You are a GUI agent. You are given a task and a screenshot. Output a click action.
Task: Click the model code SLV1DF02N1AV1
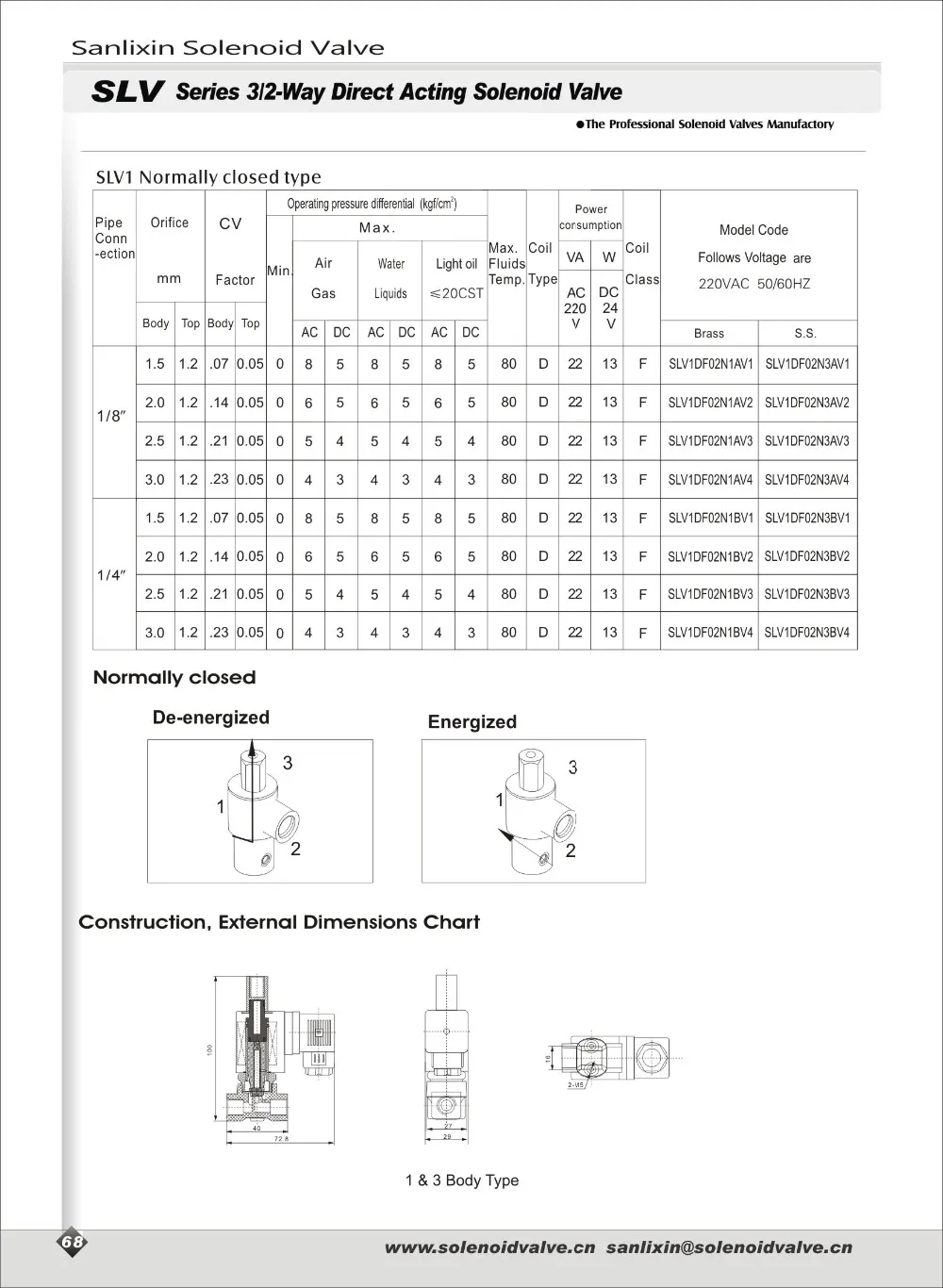[x=710, y=364]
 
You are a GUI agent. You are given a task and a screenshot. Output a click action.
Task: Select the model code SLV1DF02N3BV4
[x=806, y=633]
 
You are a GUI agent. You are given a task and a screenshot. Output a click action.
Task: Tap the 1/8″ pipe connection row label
[x=110, y=416]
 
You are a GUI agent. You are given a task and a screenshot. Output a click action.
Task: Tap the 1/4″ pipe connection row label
[x=110, y=575]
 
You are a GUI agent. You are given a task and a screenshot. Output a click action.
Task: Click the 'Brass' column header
[x=709, y=333]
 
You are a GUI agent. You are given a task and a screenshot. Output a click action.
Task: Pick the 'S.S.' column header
[x=805, y=333]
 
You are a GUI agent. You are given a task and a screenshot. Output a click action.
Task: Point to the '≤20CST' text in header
[x=456, y=293]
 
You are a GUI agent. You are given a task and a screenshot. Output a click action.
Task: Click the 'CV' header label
[x=230, y=223]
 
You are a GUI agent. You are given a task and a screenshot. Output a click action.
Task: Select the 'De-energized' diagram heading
[x=211, y=718]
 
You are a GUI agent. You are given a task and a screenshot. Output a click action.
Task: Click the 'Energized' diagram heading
[x=471, y=722]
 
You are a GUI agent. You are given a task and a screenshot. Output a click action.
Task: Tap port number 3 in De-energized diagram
[x=288, y=763]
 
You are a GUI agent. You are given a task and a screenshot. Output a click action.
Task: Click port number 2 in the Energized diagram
[x=571, y=850]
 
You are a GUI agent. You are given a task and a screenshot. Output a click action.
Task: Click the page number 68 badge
[x=73, y=1243]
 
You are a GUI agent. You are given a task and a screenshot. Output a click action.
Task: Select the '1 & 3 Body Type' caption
[x=462, y=1181]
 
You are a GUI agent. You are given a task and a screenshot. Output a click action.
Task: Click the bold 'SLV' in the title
[x=128, y=92]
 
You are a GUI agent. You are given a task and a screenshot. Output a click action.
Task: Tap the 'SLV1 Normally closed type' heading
[x=208, y=177]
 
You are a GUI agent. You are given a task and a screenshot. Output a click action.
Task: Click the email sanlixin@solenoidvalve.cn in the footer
[x=728, y=1247]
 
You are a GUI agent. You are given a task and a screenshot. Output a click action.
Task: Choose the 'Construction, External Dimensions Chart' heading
[x=279, y=922]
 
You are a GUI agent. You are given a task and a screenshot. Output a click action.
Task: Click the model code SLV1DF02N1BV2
[x=710, y=556]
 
